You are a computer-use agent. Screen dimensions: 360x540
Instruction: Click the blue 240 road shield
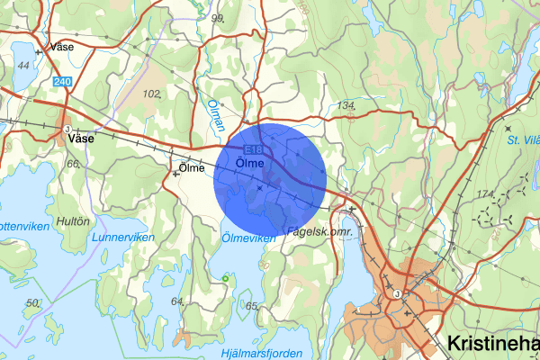61,82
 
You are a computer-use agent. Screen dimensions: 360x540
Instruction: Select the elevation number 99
216,17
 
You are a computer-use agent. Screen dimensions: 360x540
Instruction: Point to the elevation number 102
151,93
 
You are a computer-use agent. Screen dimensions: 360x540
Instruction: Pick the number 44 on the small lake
23,66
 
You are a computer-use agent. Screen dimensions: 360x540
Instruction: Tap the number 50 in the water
33,302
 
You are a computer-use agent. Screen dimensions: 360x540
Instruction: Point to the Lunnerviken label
123,237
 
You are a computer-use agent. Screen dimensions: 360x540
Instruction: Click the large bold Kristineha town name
493,344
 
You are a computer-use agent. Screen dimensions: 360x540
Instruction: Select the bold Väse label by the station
80,139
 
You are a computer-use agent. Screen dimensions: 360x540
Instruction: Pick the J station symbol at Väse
67,129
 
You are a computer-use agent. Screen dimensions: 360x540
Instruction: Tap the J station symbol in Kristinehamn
396,292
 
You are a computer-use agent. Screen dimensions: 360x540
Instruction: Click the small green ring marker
224,279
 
